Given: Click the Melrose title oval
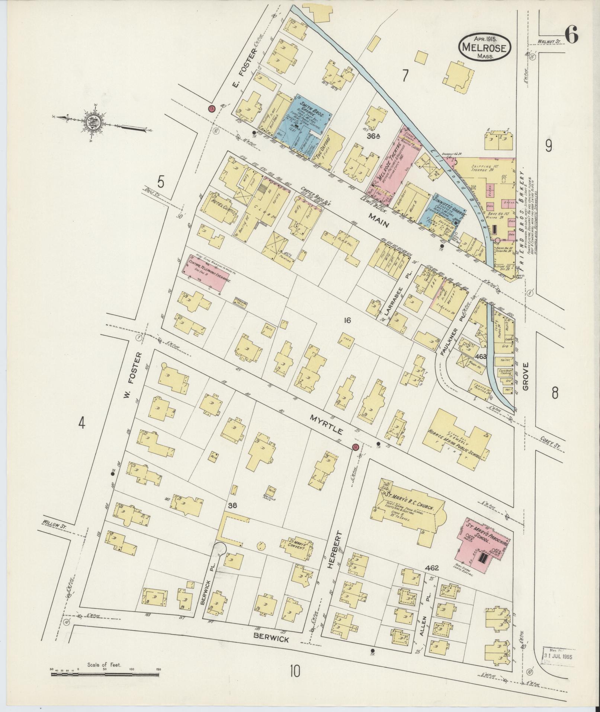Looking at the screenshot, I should (x=484, y=47).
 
